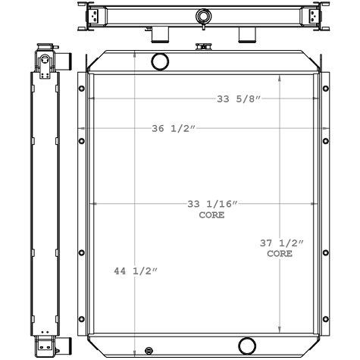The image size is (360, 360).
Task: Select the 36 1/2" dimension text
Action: coord(174,129)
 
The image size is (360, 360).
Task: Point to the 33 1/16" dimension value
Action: coord(212,204)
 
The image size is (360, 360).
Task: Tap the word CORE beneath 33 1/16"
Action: coord(211,215)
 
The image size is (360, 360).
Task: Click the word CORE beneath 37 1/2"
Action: coord(280,254)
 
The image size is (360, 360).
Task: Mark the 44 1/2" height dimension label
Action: coord(136,271)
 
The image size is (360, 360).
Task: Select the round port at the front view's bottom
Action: coord(247,346)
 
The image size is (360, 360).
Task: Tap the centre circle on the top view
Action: coord(202,16)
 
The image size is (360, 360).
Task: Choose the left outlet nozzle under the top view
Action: coord(160,34)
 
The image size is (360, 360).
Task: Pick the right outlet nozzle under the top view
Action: coord(248,34)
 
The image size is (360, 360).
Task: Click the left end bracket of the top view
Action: coord(93,16)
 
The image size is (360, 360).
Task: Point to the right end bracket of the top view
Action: coord(311,16)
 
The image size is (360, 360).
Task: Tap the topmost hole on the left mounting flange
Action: coord(82,89)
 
